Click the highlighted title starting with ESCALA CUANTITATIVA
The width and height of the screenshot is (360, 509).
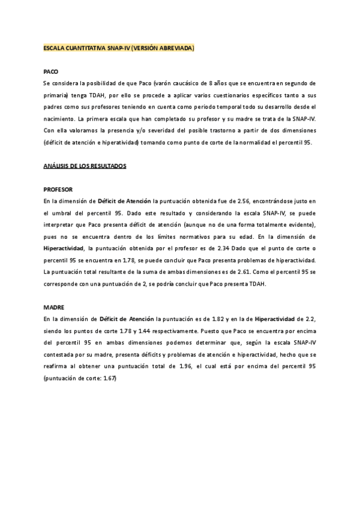(119, 47)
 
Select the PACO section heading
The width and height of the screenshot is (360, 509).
(51, 71)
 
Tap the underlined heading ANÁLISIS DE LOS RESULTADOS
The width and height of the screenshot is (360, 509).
(85, 166)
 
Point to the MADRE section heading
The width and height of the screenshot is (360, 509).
(54, 307)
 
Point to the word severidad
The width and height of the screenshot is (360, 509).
(158, 130)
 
